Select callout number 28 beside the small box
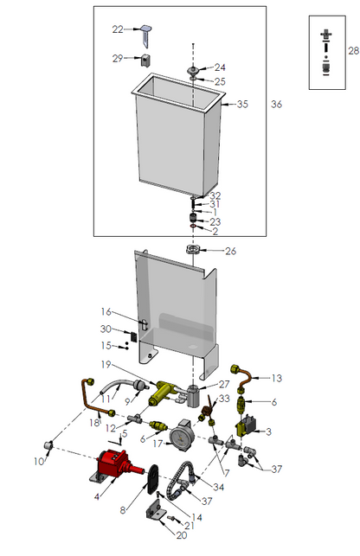tap(353, 51)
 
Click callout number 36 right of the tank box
tap(276, 105)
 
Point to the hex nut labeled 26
tap(192, 249)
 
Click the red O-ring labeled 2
tap(192, 227)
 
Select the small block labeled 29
tap(145, 60)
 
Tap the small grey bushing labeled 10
tap(48, 444)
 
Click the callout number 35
tap(242, 105)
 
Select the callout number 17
tap(158, 444)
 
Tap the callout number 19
tap(106, 364)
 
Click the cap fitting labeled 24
tap(193, 69)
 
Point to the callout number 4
tap(97, 496)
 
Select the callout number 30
tap(106, 329)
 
